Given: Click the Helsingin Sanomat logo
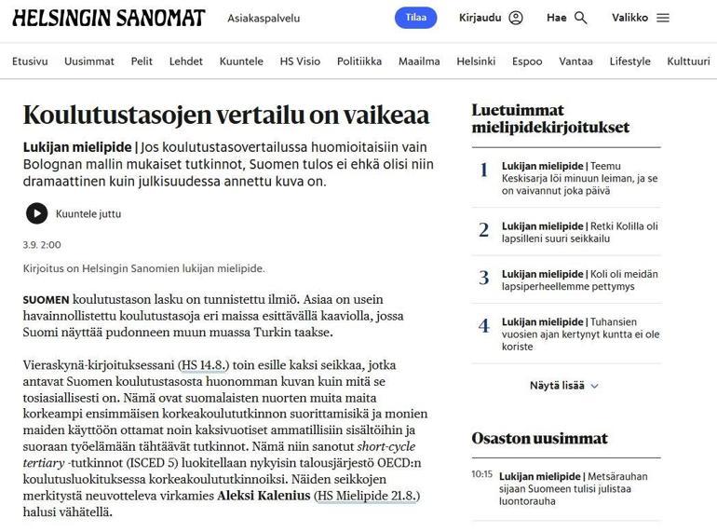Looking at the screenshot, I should pyautogui.click(x=108, y=18).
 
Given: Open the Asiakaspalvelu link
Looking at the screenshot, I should pyautogui.click(x=264, y=18).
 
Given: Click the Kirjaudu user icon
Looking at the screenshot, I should pyautogui.click(x=516, y=18).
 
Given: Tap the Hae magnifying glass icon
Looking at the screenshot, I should pyautogui.click(x=581, y=18).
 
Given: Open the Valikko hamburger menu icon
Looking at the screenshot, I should pyautogui.click(x=663, y=18).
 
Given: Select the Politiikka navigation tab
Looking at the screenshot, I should pyautogui.click(x=359, y=61).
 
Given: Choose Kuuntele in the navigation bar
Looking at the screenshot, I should pyautogui.click(x=241, y=61).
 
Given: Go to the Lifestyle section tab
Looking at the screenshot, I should pyautogui.click(x=630, y=61).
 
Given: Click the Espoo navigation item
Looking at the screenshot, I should pyautogui.click(x=527, y=61).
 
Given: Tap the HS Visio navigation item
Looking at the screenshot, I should pyautogui.click(x=300, y=61).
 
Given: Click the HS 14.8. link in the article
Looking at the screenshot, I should pyautogui.click(x=203, y=364).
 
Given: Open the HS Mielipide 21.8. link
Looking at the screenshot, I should pyautogui.click(x=367, y=495).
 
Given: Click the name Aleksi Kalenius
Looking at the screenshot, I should pyautogui.click(x=264, y=495).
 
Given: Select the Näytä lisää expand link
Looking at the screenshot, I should pyautogui.click(x=564, y=385).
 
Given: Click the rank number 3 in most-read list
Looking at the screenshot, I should pyautogui.click(x=483, y=278).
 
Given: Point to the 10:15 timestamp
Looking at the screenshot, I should pyautogui.click(x=481, y=474).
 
